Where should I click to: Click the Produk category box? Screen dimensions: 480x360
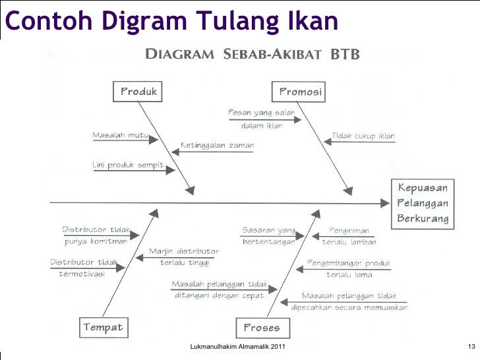click(x=138, y=92)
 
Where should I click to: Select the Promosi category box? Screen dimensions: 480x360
click(x=301, y=92)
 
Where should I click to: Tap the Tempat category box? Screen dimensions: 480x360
click(x=103, y=327)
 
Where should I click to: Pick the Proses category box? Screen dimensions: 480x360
click(x=262, y=327)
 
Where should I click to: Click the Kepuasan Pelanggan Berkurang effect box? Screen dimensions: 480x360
click(x=423, y=203)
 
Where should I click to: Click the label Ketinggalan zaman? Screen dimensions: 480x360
click(x=217, y=146)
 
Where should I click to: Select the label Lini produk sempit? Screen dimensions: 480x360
click(x=128, y=165)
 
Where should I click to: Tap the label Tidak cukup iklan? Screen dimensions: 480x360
click(x=363, y=136)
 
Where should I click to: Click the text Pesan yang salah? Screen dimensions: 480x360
click(x=261, y=113)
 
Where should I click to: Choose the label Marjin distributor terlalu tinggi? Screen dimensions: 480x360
click(x=184, y=257)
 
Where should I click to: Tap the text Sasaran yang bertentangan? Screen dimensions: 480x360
click(x=268, y=236)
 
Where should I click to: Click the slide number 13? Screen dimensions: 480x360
click(x=471, y=347)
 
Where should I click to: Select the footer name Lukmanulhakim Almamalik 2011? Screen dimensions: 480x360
click(x=237, y=347)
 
